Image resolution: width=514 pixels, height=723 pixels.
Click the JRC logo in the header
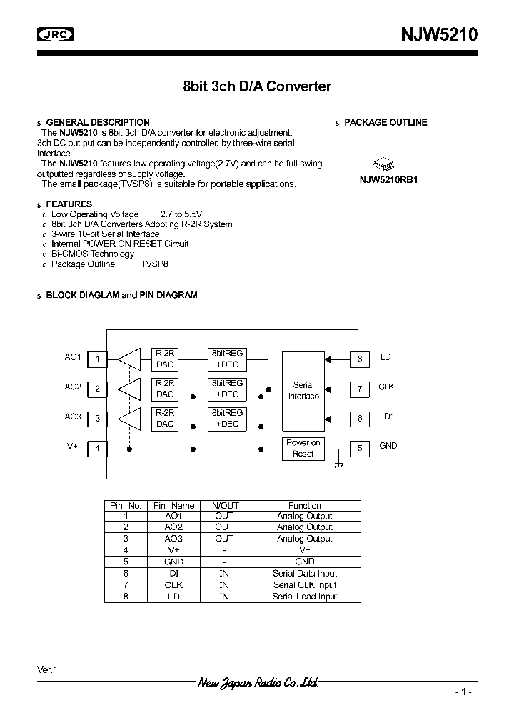pos(55,34)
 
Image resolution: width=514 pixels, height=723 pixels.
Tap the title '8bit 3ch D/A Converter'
pos(257,86)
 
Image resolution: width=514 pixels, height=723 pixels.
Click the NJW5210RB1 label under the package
pos(388,180)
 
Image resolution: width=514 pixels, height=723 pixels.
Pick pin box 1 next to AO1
pos(97,359)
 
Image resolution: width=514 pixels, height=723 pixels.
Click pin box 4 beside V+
pos(97,449)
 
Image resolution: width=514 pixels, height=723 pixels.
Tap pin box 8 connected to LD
pos(360,359)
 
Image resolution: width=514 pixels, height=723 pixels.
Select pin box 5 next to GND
pos(360,449)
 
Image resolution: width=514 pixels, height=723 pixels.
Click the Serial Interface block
pos(303,390)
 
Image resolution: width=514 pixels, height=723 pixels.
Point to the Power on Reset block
pos(303,448)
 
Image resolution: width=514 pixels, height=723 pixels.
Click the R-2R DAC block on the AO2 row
pos(165,389)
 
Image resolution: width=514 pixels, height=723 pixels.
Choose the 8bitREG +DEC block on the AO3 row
pos(227,418)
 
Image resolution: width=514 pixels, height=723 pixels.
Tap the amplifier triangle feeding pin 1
pos(130,359)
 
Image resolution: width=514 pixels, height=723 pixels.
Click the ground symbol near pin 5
pos(338,465)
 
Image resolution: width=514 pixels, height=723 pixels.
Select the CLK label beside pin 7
pos(386,387)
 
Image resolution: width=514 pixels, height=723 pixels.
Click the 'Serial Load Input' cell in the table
pos(305,597)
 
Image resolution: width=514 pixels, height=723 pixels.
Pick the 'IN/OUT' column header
pos(224,505)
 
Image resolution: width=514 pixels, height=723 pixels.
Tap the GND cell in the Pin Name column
pos(173,562)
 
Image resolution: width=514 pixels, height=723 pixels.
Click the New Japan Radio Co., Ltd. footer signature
pos(257,683)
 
